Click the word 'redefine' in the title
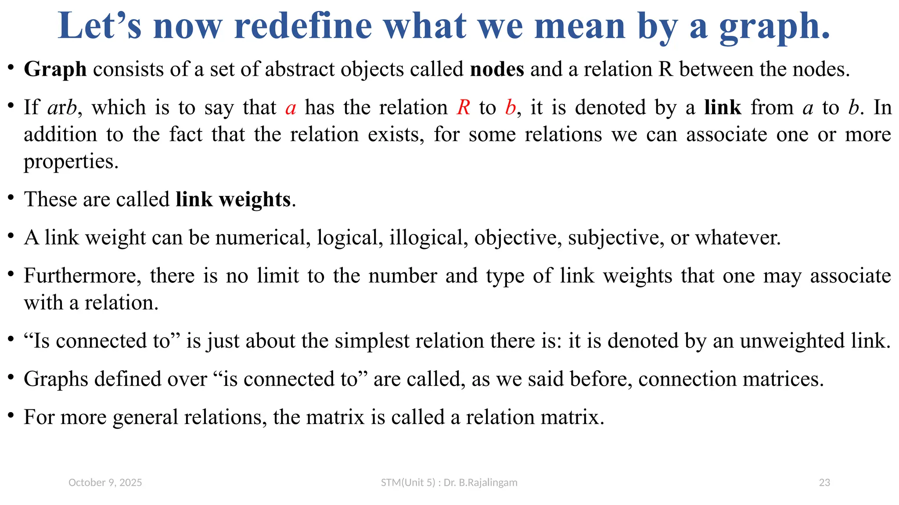click(303, 26)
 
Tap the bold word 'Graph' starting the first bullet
click(55, 69)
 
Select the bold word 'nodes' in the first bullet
click(497, 69)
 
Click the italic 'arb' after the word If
click(63, 108)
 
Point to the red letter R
click(463, 108)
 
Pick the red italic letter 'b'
click(510, 108)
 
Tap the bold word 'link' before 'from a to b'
click(723, 108)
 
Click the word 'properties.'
click(71, 162)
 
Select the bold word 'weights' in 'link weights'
click(255, 200)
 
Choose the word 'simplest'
click(372, 341)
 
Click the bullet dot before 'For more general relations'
click(11, 415)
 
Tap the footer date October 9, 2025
click(105, 483)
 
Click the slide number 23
click(824, 483)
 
